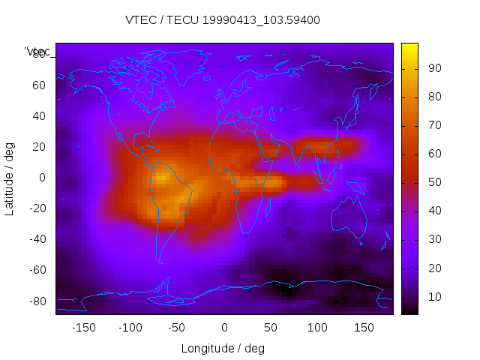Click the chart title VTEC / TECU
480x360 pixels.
(223, 20)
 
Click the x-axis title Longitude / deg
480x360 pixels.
(223, 349)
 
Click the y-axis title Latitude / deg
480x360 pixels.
(10, 177)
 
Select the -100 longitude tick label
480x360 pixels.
(130, 328)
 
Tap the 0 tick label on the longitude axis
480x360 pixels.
(224, 328)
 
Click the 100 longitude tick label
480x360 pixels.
(317, 328)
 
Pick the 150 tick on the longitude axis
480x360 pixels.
(364, 328)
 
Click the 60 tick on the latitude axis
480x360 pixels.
(39, 85)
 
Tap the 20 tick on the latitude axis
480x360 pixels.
(39, 146)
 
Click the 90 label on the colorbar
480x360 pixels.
(433, 68)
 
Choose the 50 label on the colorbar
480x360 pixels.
(433, 182)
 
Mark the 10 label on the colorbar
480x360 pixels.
(433, 297)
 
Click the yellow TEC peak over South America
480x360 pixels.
(162, 180)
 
